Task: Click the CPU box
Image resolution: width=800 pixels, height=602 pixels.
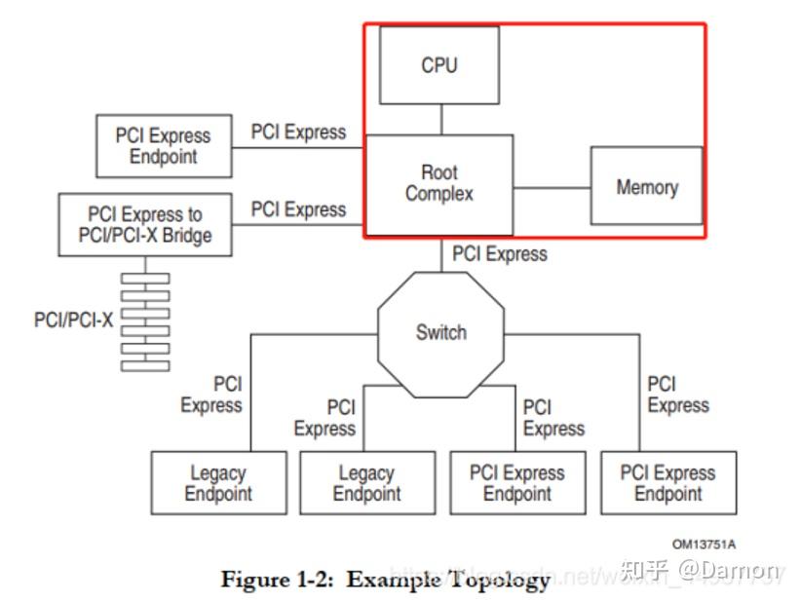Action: [438, 65]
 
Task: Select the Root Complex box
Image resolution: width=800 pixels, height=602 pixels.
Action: [438, 184]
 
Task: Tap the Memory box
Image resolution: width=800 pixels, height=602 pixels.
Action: [646, 186]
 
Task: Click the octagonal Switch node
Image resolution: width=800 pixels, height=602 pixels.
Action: [440, 333]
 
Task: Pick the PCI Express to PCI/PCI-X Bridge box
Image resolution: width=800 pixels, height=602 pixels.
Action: [145, 225]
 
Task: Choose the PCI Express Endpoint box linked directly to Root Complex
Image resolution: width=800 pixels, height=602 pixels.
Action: [164, 146]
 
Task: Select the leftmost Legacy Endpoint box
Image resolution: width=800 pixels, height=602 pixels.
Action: [218, 482]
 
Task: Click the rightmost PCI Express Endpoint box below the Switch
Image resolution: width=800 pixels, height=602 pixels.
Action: [667, 482]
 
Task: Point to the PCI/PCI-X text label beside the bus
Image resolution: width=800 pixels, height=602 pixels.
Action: [74, 320]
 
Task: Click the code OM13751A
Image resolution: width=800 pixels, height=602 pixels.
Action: [704, 544]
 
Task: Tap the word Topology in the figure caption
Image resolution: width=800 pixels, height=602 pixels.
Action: [504, 580]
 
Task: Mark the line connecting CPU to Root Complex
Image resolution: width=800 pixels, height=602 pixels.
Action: [440, 119]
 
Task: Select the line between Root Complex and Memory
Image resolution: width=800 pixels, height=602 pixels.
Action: [552, 186]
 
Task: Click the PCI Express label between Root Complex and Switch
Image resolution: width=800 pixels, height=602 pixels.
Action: [499, 254]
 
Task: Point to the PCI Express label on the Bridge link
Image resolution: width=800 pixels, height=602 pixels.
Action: [298, 209]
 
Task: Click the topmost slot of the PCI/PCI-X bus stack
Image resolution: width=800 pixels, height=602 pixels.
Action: [145, 278]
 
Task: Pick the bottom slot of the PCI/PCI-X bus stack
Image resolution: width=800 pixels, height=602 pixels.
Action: [145, 365]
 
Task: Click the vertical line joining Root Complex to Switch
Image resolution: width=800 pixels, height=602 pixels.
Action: [440, 255]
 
